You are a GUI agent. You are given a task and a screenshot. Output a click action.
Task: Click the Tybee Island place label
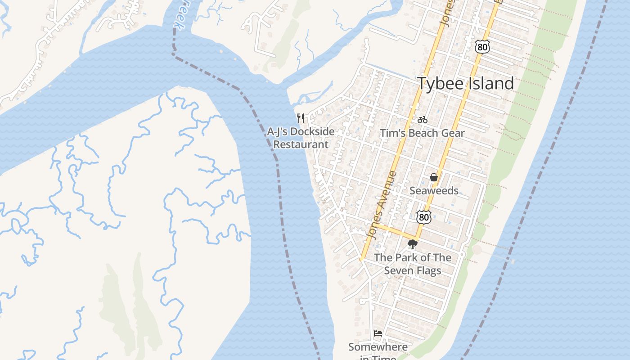point(465,84)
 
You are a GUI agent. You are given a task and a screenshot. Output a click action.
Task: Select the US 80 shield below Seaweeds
point(423,217)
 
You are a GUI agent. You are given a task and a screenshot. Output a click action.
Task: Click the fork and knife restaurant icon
point(301,118)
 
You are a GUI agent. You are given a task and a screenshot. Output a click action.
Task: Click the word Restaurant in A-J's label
point(301,144)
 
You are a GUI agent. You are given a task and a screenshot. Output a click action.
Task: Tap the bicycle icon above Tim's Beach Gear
point(422,120)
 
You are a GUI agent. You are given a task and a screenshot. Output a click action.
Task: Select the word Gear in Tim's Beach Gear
point(453,133)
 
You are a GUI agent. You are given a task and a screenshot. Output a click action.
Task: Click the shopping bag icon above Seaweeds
point(434,177)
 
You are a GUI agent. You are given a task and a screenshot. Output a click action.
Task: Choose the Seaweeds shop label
point(434,191)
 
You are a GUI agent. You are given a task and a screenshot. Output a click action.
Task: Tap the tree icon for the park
point(412,244)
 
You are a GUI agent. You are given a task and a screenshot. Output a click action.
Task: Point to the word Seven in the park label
point(398,271)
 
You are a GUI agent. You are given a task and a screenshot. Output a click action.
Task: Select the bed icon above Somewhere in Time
point(378,333)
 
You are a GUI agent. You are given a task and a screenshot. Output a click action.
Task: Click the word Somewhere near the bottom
point(378,347)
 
